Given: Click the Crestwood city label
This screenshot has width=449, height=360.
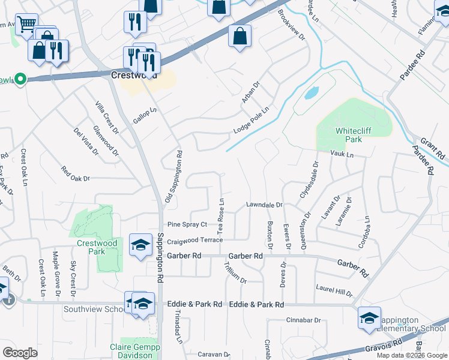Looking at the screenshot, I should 134,76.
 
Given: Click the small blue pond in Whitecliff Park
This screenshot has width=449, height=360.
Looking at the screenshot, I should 310,93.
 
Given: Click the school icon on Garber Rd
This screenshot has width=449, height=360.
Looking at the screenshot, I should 141,245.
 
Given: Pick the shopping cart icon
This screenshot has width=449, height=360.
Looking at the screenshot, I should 26,26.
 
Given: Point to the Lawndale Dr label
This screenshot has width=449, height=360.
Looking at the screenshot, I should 264,205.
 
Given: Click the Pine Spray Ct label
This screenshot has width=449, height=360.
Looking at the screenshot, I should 187,224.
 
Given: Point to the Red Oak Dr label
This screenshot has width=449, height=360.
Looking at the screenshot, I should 75,178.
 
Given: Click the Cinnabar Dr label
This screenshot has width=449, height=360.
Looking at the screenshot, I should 304,320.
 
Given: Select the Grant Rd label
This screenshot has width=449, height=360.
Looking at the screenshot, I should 430,145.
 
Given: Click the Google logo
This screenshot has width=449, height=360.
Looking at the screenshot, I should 20,353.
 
